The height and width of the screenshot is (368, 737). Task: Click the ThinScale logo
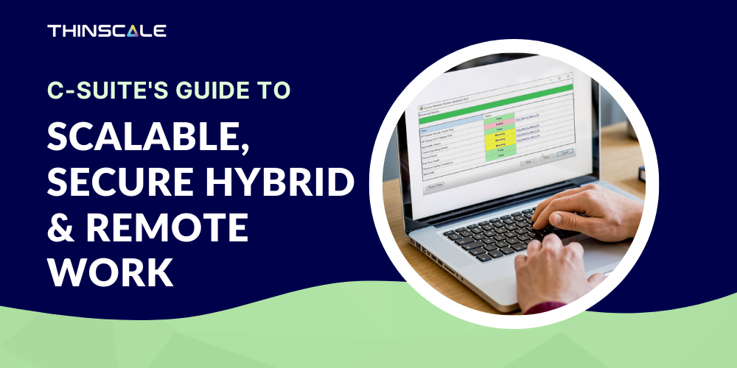coord(107,31)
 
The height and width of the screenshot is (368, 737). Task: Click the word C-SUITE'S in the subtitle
coord(103,91)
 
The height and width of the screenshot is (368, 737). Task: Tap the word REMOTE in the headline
coord(165,227)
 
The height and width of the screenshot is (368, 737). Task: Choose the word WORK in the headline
coord(111,272)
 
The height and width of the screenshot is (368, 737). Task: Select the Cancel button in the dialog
coord(565,152)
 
